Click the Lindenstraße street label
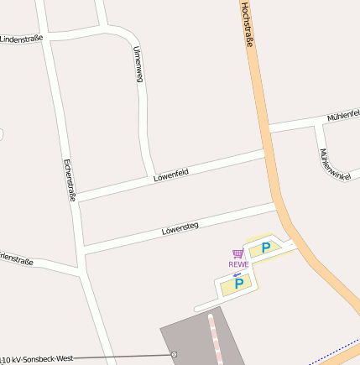point(20,39)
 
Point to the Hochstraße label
point(248,24)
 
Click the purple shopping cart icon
point(238,253)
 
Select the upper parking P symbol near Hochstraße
point(266,247)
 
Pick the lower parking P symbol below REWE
point(239,284)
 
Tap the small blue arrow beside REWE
point(237,274)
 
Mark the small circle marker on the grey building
point(175,354)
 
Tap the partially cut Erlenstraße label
point(17,261)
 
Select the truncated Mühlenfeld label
point(343,115)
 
